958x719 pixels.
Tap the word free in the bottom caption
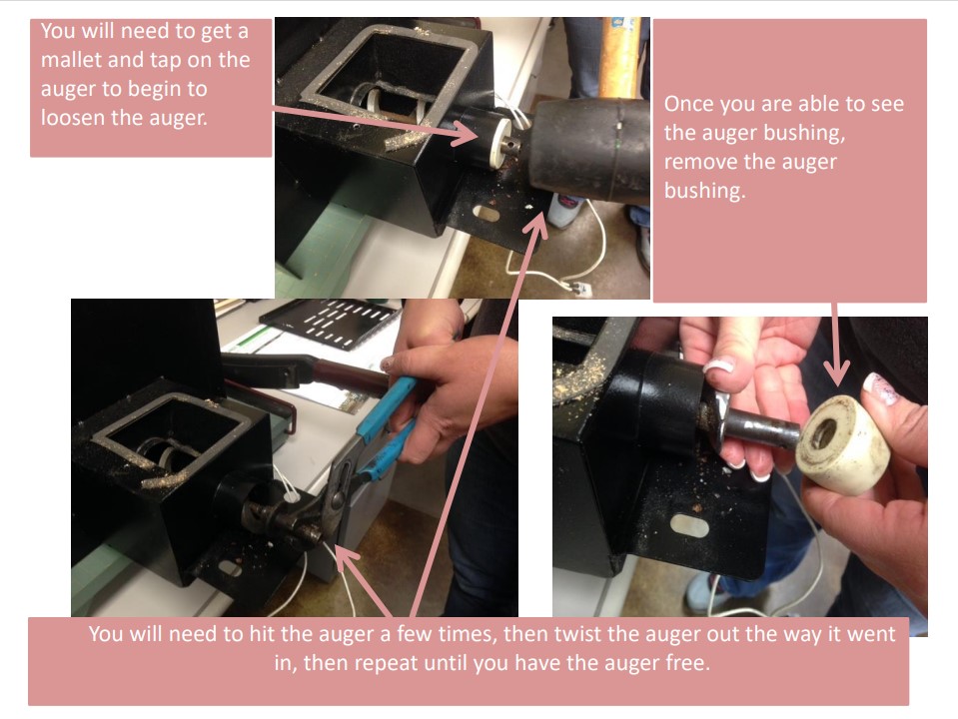point(688,663)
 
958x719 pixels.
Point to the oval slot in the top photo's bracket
point(489,213)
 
